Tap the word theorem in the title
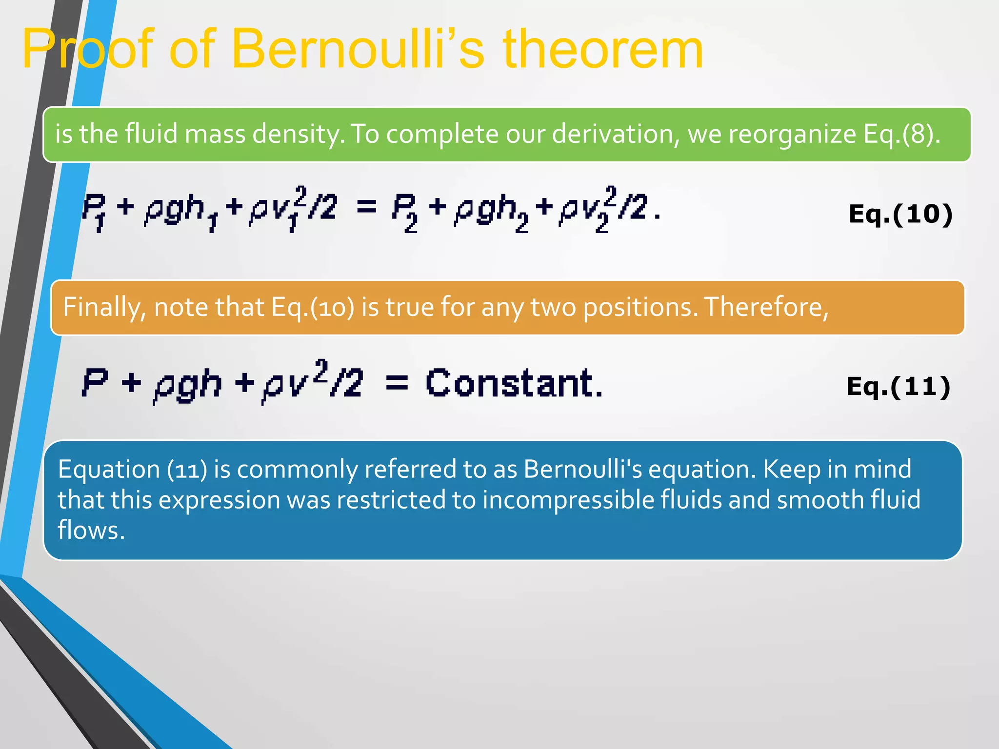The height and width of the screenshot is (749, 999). (603, 49)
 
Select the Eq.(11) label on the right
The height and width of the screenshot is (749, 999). (899, 386)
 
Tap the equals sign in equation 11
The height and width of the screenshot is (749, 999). (397, 383)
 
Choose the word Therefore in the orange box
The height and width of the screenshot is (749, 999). (766, 307)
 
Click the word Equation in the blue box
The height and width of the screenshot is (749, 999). (109, 469)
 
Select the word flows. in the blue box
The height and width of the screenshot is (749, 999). (91, 530)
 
